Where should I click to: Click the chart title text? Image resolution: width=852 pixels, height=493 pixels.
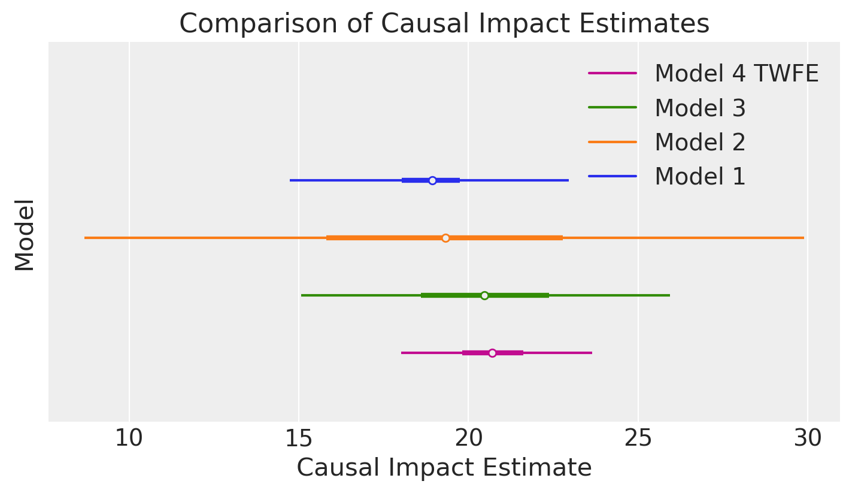(x=444, y=24)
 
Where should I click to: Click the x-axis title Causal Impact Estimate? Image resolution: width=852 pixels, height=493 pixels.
(x=444, y=468)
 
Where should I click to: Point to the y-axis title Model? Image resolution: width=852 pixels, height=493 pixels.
(x=25, y=235)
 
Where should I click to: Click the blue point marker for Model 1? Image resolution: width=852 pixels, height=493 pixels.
(x=432, y=180)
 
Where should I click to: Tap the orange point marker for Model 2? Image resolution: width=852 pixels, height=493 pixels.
(x=445, y=238)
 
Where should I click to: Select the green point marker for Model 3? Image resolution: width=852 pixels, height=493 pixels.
(x=484, y=295)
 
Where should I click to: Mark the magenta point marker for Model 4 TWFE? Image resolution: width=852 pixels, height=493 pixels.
(x=492, y=353)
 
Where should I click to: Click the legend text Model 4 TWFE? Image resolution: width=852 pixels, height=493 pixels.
(x=736, y=74)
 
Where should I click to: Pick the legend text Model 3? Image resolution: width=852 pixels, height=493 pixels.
(x=700, y=108)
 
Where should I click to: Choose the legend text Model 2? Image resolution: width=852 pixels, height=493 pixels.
(x=700, y=143)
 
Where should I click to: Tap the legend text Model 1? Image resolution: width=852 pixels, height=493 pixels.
(x=700, y=177)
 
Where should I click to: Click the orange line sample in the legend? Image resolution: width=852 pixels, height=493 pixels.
(x=612, y=142)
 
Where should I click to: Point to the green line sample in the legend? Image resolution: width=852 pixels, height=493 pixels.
(x=612, y=108)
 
